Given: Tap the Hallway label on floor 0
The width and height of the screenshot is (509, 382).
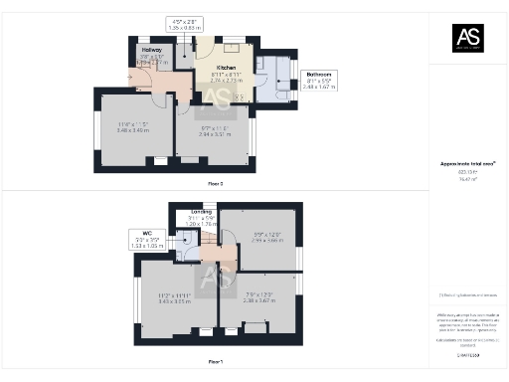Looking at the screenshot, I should [150, 49].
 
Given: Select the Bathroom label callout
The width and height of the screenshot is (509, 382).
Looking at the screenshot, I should [319, 74].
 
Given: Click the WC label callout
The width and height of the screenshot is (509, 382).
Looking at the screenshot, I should [139, 234].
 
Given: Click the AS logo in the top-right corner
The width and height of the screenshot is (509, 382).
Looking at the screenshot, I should [468, 38].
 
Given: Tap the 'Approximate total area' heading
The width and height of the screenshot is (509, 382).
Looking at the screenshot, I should [467, 164].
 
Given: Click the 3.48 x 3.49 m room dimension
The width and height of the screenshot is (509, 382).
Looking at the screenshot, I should [133, 127].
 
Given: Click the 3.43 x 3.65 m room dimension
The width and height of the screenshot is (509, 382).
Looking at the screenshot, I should [174, 297].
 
